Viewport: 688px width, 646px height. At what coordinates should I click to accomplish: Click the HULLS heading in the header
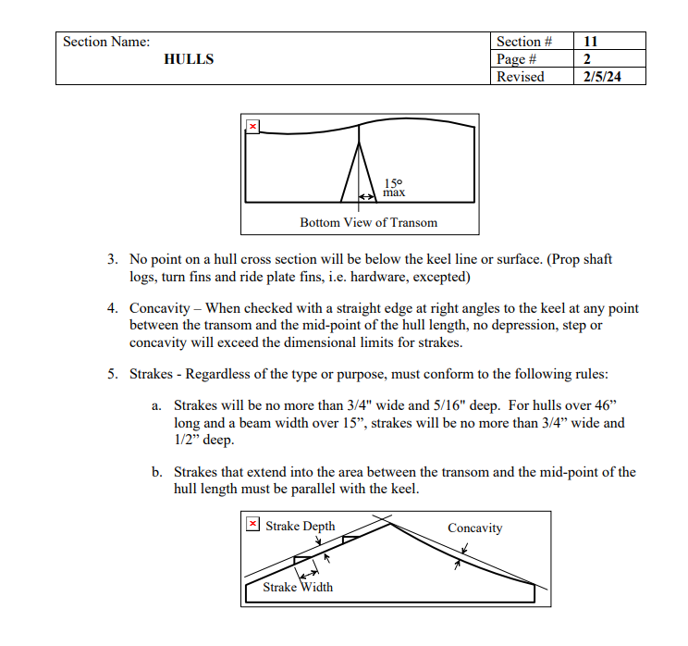(x=189, y=59)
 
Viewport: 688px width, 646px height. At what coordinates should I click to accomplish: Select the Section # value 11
(x=591, y=42)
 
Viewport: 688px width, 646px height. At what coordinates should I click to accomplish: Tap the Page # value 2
(x=587, y=59)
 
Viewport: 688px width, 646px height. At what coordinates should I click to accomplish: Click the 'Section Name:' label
(x=106, y=42)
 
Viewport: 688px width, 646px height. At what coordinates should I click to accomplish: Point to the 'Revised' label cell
(x=521, y=77)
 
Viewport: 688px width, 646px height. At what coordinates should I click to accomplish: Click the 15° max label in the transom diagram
(x=394, y=188)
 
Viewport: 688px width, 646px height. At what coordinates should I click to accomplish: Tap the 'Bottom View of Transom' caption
(x=368, y=222)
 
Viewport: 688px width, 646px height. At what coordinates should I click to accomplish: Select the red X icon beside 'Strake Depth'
(x=253, y=526)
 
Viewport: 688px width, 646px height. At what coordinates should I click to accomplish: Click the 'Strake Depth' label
(x=301, y=526)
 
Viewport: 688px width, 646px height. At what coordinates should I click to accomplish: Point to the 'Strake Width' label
(x=298, y=587)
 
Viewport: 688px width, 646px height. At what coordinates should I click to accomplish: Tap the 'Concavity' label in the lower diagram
(x=474, y=528)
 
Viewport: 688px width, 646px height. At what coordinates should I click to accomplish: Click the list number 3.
(x=111, y=259)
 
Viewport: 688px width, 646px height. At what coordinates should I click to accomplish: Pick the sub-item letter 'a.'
(x=157, y=406)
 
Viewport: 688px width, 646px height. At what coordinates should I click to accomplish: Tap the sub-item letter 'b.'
(x=157, y=472)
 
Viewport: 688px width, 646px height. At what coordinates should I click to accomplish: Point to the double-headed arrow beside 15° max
(x=368, y=196)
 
